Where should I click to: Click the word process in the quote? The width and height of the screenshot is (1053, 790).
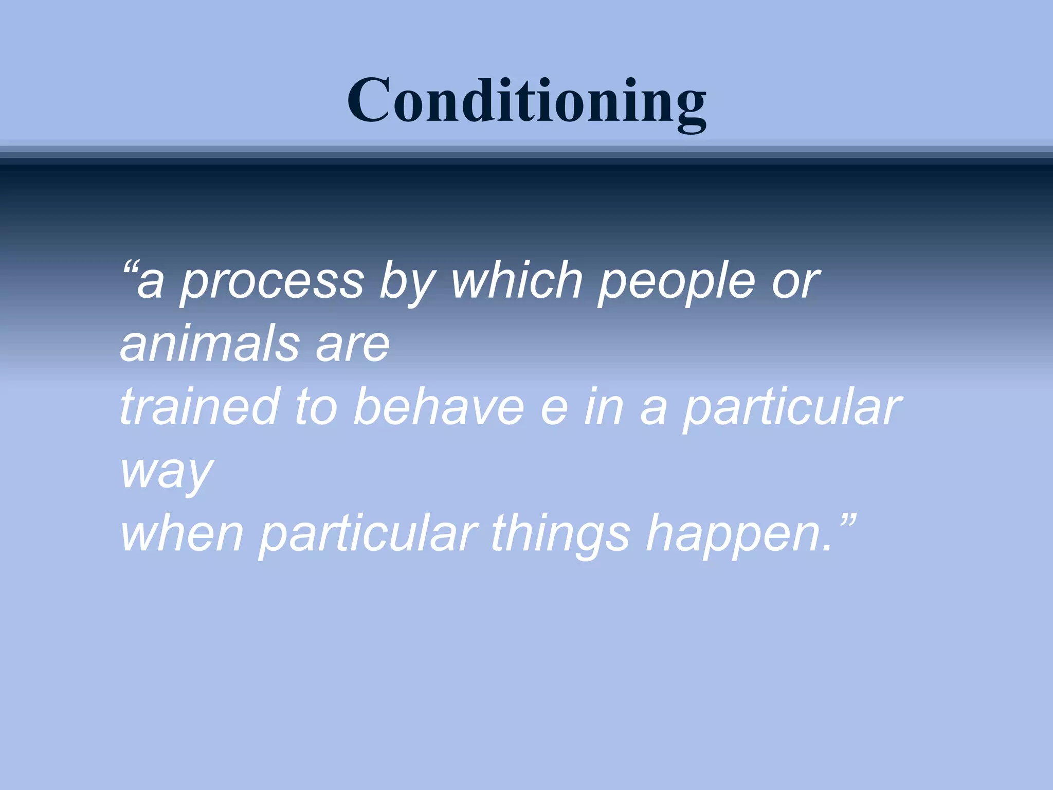click(x=273, y=282)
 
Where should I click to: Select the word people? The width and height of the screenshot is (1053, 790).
click(x=677, y=282)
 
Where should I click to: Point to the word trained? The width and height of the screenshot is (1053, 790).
click(x=200, y=407)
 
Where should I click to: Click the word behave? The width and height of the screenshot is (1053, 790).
click(x=439, y=407)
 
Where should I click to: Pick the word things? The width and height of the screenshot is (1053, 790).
click(x=560, y=535)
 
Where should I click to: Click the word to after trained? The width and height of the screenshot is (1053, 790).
click(x=315, y=407)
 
